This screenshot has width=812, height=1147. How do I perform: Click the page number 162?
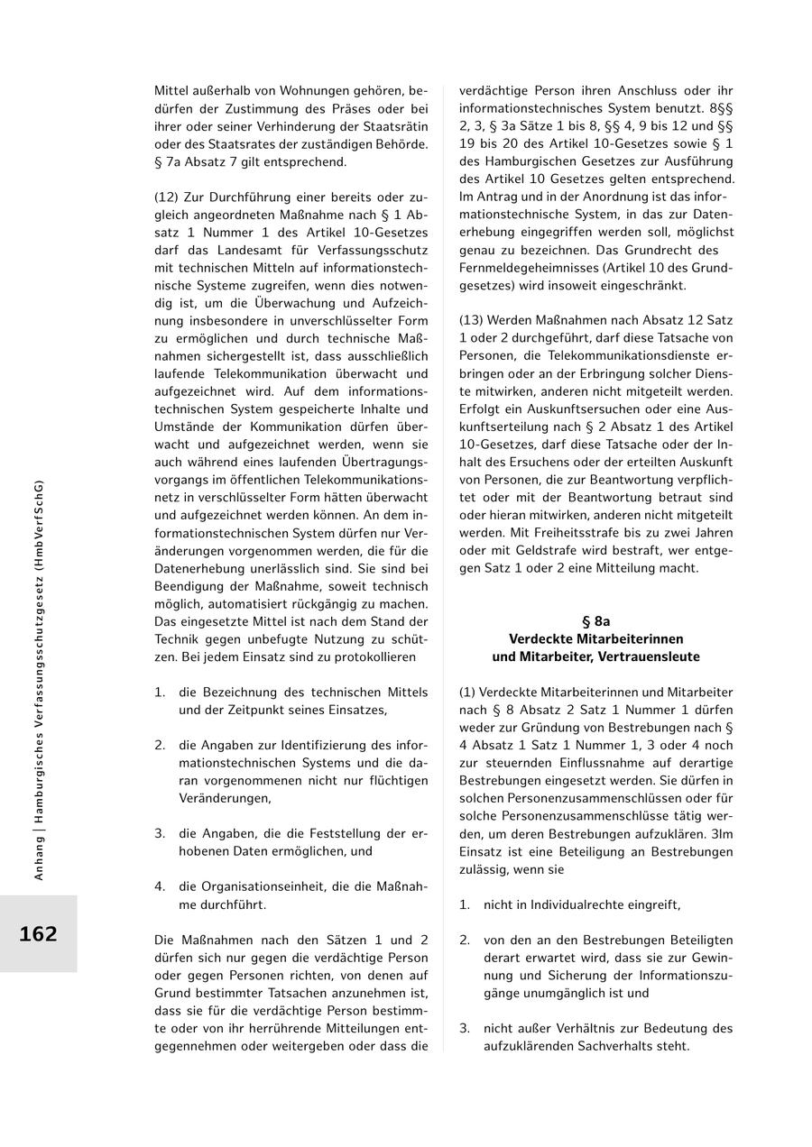(x=38, y=934)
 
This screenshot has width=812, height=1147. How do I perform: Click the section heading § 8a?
(x=595, y=621)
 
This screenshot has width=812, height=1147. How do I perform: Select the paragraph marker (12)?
(x=167, y=197)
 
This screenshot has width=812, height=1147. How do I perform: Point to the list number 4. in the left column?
(x=160, y=886)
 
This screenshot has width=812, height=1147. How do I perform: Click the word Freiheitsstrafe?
(x=569, y=532)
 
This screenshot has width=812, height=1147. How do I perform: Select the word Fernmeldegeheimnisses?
(x=532, y=268)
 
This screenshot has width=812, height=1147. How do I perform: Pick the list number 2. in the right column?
(x=465, y=940)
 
